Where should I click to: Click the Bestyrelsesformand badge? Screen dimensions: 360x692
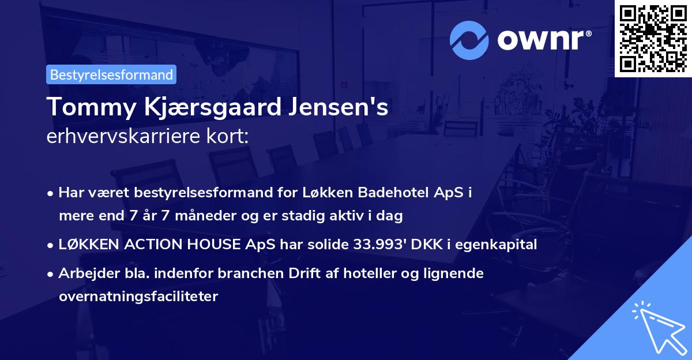[x=111, y=74]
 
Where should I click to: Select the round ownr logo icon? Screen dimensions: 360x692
[x=468, y=39]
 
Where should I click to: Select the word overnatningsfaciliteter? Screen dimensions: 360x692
[x=138, y=297]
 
